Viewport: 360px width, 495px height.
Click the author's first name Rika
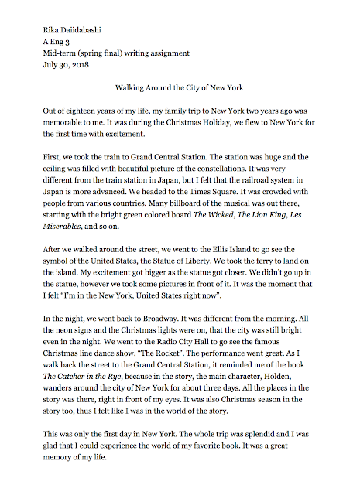click(x=52, y=30)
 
